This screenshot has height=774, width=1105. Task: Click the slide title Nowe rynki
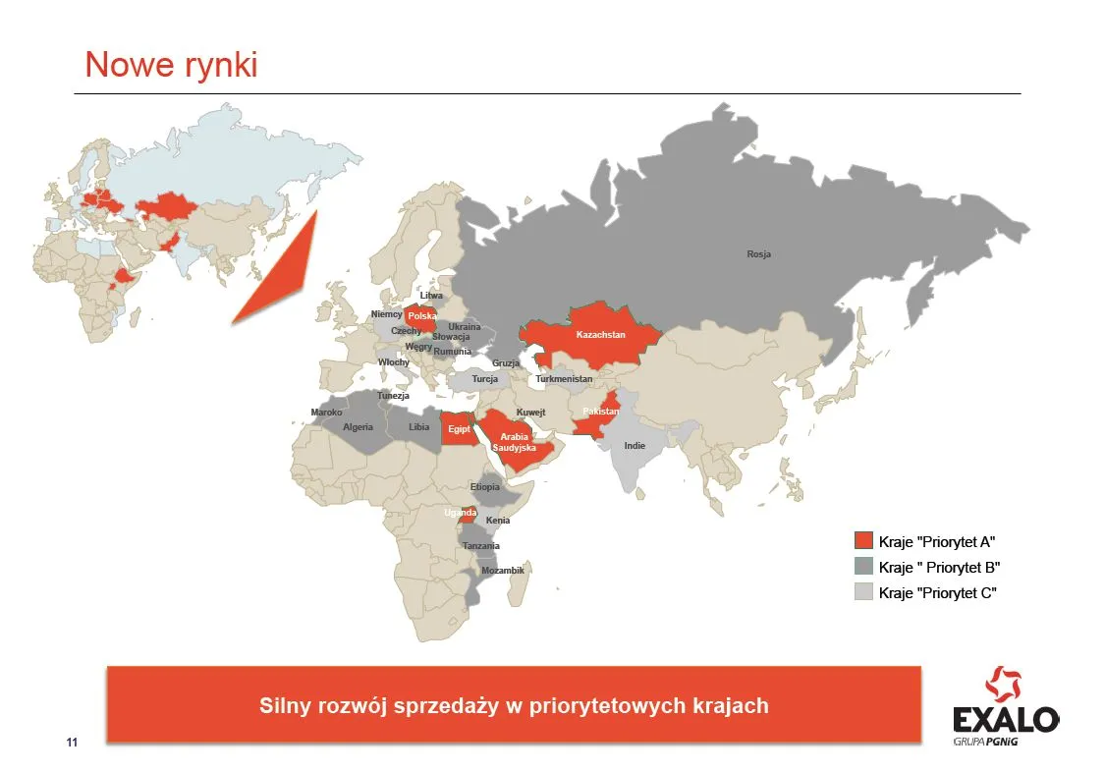click(x=171, y=64)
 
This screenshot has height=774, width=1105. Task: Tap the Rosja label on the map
click(x=758, y=254)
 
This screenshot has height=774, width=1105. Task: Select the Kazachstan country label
click(x=600, y=335)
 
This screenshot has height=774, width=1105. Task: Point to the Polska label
click(x=421, y=316)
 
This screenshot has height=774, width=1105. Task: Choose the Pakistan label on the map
click(x=600, y=412)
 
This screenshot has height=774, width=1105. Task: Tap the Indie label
click(x=635, y=446)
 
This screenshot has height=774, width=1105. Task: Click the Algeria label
click(x=358, y=427)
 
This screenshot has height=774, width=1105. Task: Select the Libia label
click(x=419, y=427)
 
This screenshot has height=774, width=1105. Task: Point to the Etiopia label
click(x=485, y=487)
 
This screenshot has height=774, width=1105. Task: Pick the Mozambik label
click(x=502, y=571)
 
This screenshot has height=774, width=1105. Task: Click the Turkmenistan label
click(x=564, y=379)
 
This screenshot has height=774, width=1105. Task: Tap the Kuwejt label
click(x=530, y=413)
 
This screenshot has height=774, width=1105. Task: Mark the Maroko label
click(x=326, y=413)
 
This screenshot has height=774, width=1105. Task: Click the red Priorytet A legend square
click(x=863, y=541)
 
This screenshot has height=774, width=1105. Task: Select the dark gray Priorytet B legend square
click(x=863, y=567)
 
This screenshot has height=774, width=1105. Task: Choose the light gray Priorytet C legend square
click(x=863, y=592)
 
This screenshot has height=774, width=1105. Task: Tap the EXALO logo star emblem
click(x=1004, y=685)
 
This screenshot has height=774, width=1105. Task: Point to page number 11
click(x=71, y=741)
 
